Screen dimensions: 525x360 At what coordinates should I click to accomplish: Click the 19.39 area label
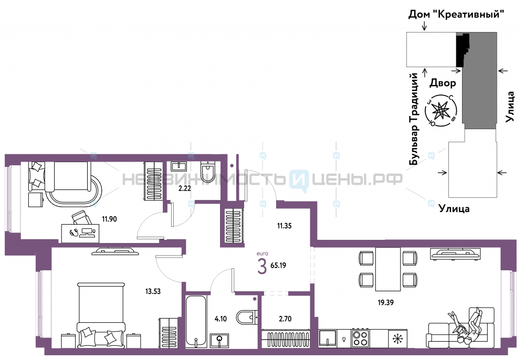[385, 302]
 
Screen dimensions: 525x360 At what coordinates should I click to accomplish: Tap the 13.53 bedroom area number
[153, 291]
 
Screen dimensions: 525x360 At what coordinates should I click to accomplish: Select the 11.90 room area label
[110, 219]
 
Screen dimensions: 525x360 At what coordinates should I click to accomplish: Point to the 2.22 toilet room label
[184, 188]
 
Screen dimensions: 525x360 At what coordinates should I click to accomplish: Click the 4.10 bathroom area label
[220, 319]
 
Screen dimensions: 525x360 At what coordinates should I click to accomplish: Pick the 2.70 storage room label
[285, 319]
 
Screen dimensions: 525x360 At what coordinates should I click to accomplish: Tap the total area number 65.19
[278, 266]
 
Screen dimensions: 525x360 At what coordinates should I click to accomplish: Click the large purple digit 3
[262, 267]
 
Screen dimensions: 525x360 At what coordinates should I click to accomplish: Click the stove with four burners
[360, 338]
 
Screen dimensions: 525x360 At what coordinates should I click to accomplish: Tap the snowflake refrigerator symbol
[398, 338]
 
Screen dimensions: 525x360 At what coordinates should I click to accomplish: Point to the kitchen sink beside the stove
[328, 338]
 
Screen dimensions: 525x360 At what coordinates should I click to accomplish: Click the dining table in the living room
[388, 269]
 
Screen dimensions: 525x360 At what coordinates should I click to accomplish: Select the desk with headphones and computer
[80, 233]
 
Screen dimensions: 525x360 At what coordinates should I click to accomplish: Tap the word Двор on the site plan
[443, 83]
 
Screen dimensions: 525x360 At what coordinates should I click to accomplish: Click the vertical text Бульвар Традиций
[414, 119]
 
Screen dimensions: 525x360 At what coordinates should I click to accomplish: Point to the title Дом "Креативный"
[456, 14]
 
